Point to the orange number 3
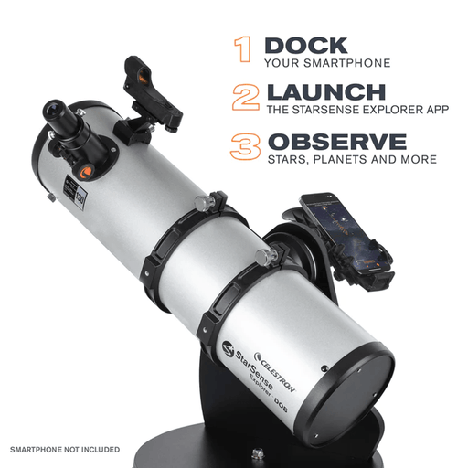tap(243, 147)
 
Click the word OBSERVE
tap(335, 142)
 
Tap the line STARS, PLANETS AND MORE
tap(351, 160)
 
